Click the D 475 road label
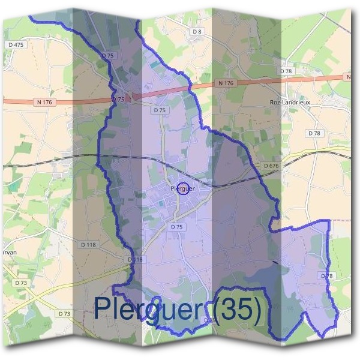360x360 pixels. [x=16, y=45]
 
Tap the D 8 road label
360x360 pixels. [x=197, y=31]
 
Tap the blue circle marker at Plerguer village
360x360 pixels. [x=184, y=188]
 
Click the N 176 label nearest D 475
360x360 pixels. [x=44, y=102]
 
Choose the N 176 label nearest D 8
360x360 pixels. [x=225, y=83]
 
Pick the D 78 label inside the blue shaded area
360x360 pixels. [x=326, y=275]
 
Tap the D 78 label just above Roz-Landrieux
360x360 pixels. [x=286, y=71]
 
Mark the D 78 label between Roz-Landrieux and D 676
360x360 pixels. [x=313, y=133]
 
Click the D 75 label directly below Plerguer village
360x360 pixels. [x=176, y=227]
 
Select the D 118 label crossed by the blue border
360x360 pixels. [x=136, y=259]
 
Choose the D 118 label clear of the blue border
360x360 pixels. [x=88, y=244]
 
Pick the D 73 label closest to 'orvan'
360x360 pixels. [x=20, y=282]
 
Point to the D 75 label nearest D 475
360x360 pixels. [x=108, y=55]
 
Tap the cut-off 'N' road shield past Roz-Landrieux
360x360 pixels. [x=348, y=77]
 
